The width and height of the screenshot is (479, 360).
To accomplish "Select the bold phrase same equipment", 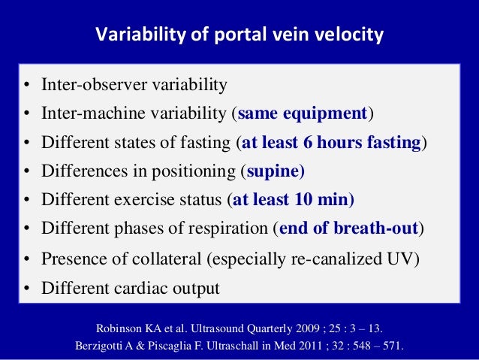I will point(302,114).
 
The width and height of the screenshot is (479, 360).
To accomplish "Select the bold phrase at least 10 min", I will point(294,200).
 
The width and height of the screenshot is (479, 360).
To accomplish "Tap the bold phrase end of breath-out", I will point(349,228).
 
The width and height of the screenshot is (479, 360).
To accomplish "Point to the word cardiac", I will point(132,288).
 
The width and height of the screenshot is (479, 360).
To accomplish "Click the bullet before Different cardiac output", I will point(26,289).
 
